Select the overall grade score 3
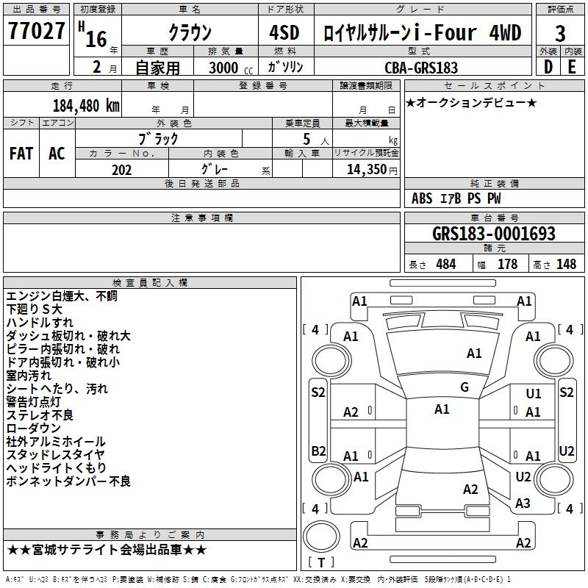(560, 33)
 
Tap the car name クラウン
(190, 32)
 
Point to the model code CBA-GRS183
(421, 68)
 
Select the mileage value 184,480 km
(86, 105)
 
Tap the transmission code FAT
(21, 154)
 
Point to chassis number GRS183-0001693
(494, 234)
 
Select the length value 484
(445, 265)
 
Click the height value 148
(566, 265)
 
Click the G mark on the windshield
(465, 387)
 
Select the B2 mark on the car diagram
(318, 451)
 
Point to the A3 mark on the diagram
(523, 503)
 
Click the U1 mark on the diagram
(534, 395)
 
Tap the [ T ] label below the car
(320, 563)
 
